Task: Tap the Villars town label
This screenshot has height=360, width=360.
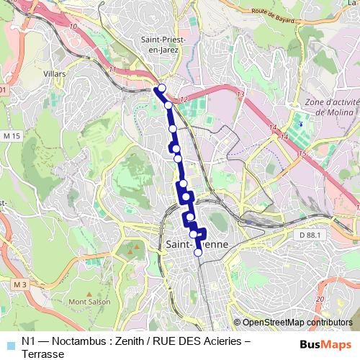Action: click(55, 74)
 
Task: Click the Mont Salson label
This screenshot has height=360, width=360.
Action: click(89, 302)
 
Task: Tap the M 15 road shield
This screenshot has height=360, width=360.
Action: click(11, 135)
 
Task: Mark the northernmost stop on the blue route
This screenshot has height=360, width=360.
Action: click(161, 88)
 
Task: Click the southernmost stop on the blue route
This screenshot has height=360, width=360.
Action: click(198, 253)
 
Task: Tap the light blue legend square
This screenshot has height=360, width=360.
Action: click(9, 342)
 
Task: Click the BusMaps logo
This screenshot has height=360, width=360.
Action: click(325, 343)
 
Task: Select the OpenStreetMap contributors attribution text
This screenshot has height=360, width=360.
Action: click(293, 323)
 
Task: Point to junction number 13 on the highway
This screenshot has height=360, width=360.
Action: click(240, 94)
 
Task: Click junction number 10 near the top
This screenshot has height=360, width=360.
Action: click(73, 26)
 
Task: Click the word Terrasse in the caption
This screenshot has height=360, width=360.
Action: click(43, 354)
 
